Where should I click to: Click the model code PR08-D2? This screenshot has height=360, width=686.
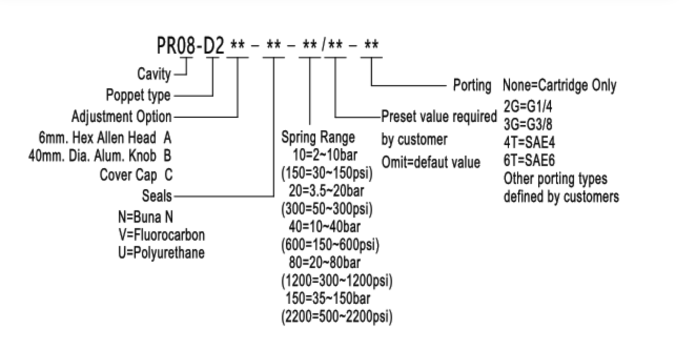tap(191, 46)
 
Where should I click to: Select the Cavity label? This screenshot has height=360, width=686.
tap(154, 74)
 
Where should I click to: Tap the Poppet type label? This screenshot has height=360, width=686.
tap(138, 95)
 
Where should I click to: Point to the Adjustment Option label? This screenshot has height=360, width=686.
tap(121, 116)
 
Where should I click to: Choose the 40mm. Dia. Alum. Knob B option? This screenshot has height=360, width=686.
tap(100, 156)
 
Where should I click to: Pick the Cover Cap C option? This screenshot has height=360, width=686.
tap(136, 174)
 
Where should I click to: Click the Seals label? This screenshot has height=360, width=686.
tap(157, 196)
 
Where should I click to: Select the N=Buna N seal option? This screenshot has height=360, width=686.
tap(146, 217)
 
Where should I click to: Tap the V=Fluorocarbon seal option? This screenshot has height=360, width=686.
tap(161, 234)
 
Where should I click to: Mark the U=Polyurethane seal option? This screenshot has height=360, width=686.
tap(161, 253)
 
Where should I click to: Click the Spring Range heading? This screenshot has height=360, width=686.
tap(318, 138)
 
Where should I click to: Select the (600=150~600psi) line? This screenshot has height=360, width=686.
tap(330, 244)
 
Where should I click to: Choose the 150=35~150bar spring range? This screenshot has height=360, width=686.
tap(328, 299)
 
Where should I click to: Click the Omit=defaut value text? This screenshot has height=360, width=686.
tap(431, 162)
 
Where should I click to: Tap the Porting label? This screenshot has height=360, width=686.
tap(472, 85)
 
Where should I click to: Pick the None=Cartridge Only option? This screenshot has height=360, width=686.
tap(559, 85)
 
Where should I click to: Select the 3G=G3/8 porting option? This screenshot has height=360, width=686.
tap(528, 125)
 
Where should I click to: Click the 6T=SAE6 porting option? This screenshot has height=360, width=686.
tap(529, 160)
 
